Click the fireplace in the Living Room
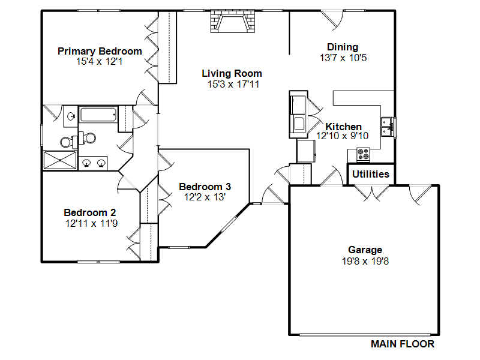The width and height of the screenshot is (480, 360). point(233,21)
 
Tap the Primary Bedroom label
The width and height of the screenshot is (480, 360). point(100,51)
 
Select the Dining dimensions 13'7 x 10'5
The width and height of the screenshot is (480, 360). point(343,58)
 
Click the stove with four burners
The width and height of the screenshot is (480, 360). point(364,154)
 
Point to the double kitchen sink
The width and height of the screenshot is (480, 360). point(387,127)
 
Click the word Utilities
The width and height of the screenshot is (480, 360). point(371,174)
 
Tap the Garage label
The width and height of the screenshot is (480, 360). point(365,250)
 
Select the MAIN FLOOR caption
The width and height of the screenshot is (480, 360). point(403,344)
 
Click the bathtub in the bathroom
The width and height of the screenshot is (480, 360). point(98,115)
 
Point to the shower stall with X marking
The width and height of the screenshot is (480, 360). point(60,160)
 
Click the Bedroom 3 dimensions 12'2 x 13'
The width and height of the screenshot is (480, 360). point(205,197)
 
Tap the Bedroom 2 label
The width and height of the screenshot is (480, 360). point(89,212)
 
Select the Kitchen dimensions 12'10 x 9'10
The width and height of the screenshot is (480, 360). point(342,136)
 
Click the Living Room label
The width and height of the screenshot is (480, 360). point(232,73)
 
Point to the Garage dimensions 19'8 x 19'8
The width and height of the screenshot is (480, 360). point(365,262)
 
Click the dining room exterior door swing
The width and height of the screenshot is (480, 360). point(332,20)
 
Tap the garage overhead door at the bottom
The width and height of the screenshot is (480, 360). point(365,335)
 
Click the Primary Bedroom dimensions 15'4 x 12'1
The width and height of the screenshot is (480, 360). point(100,62)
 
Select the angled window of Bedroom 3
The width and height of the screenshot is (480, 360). point(229,224)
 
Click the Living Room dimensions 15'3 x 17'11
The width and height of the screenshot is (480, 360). point(233,84)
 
